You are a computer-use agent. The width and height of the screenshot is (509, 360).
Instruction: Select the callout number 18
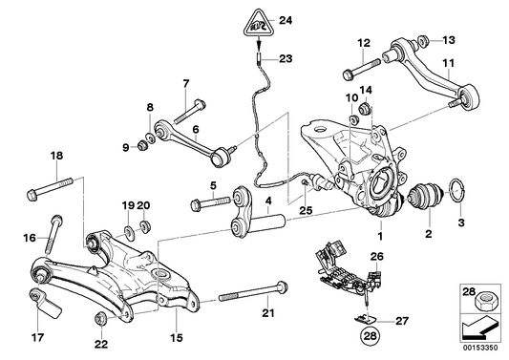click(55, 155)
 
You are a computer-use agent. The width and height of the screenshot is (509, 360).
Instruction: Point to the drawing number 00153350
click(480, 350)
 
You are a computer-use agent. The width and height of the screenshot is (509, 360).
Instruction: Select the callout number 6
click(194, 131)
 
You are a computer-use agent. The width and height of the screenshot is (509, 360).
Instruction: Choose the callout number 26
click(376, 256)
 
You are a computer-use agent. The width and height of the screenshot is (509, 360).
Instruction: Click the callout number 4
click(268, 201)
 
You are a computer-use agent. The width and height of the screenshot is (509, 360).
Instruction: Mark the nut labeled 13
click(424, 40)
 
